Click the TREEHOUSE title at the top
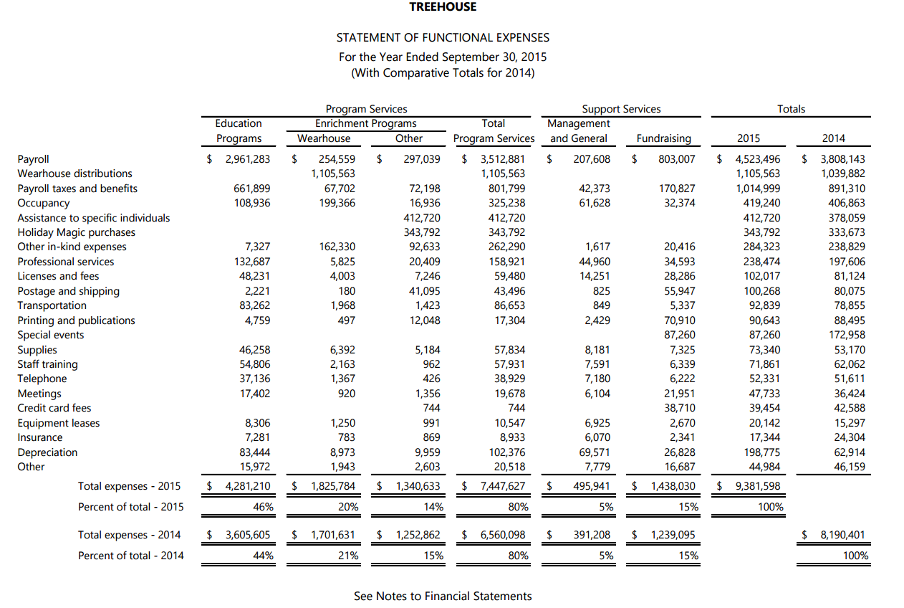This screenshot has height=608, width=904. (x=443, y=6)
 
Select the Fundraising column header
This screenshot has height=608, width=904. (x=663, y=138)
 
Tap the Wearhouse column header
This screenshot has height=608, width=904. (x=324, y=138)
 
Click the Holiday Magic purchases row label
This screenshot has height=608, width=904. (x=76, y=232)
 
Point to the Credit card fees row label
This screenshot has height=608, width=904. (x=54, y=408)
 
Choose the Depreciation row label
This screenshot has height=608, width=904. (x=47, y=452)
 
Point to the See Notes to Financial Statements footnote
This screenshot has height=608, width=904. (x=443, y=597)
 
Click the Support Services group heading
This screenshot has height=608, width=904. (x=621, y=109)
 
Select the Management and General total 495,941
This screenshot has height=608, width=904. (x=591, y=486)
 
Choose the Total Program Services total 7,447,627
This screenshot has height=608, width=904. (x=499, y=486)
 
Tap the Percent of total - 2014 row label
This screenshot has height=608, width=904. (x=130, y=556)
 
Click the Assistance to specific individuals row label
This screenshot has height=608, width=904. (x=94, y=218)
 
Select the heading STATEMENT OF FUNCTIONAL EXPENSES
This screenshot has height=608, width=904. (x=443, y=37)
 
